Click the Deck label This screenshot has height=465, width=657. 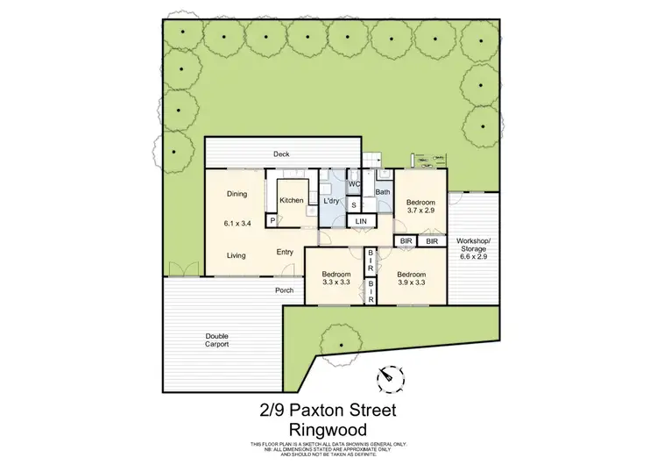coord(281,154)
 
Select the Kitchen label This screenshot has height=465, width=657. coord(292,201)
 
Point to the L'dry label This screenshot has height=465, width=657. coord(332,201)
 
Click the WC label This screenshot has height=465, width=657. coord(355,184)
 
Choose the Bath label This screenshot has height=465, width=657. coord(383,191)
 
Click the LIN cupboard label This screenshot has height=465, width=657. coord(361,219)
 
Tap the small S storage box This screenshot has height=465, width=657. coord(354,205)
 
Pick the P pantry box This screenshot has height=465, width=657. coord(272,220)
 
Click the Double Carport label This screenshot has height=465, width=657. coord(217,340)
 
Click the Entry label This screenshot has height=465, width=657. coord(285,253)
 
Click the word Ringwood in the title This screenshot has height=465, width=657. coord(328,429)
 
